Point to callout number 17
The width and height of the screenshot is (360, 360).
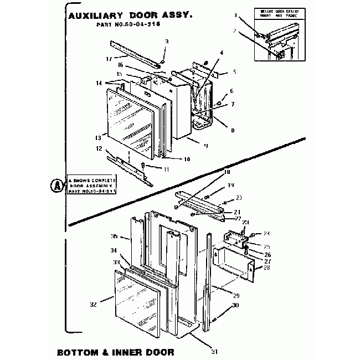109,59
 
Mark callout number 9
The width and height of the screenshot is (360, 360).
205,146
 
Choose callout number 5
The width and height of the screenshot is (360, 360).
234,72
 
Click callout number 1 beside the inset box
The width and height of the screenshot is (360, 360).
235,16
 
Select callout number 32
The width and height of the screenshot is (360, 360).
93,305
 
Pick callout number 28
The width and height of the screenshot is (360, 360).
267,268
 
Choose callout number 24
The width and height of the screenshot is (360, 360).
266,233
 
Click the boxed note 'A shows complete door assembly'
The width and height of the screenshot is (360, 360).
91,186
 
